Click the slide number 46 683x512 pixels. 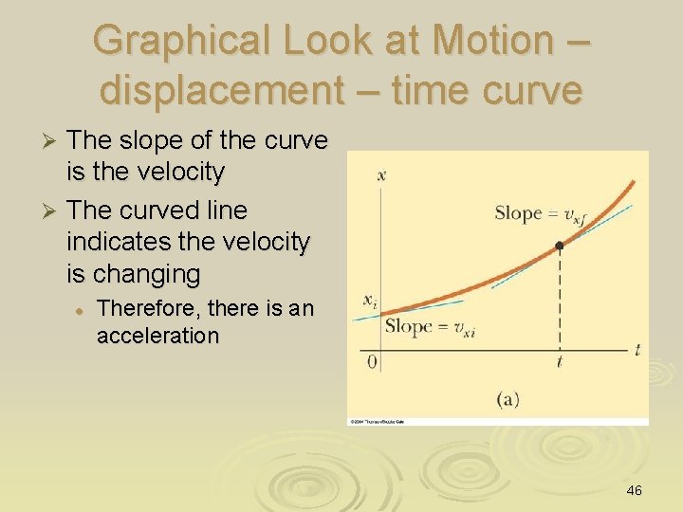point(635,490)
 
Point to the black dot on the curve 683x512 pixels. point(560,245)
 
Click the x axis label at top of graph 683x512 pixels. point(380,174)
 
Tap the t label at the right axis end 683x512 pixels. point(637,350)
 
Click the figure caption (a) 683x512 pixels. point(508,399)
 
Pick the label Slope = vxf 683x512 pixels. point(536,213)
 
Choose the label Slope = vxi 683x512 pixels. point(428,327)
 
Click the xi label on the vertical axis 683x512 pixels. point(369,300)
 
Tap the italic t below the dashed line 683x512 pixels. point(560,362)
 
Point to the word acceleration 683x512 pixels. point(157,336)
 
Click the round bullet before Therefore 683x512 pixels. point(83,309)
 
